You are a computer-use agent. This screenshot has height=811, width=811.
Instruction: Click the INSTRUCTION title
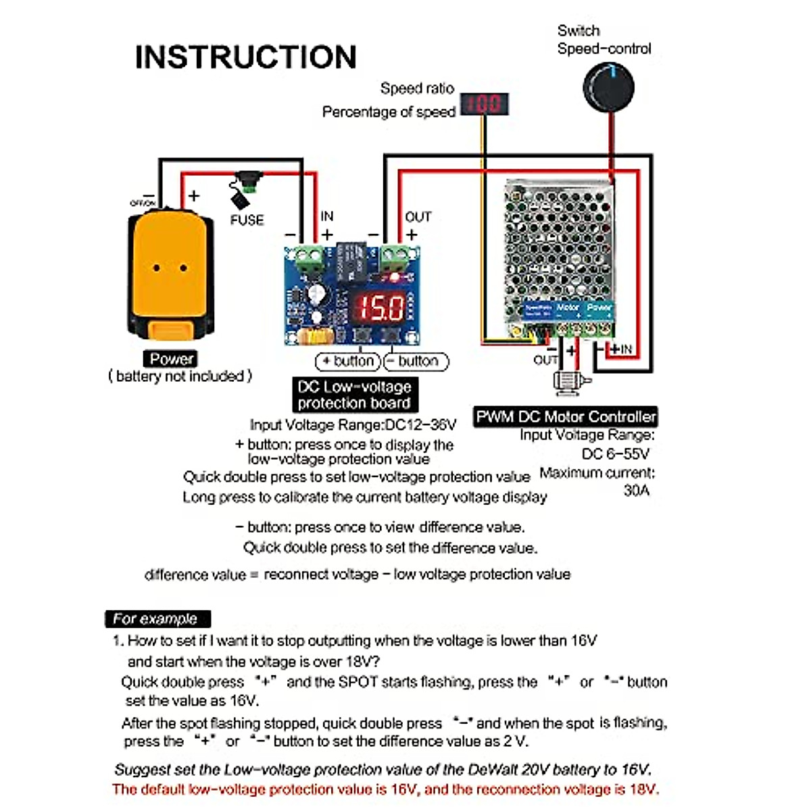click(245, 57)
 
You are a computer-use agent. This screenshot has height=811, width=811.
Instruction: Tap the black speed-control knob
click(608, 87)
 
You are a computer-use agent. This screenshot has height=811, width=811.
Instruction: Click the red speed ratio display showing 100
click(484, 104)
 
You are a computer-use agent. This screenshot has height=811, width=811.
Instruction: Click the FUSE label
click(247, 220)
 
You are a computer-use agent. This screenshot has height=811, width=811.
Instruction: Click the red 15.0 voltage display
click(380, 308)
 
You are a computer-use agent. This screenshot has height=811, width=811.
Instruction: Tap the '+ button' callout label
click(349, 362)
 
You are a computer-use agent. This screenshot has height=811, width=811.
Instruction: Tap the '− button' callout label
click(416, 362)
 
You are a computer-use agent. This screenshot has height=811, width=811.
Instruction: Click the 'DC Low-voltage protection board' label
click(354, 395)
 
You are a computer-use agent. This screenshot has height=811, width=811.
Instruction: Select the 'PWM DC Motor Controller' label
click(566, 416)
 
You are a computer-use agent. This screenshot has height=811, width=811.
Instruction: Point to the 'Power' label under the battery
click(172, 359)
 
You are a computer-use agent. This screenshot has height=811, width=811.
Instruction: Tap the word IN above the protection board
click(327, 216)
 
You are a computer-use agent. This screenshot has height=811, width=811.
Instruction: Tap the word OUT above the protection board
click(418, 217)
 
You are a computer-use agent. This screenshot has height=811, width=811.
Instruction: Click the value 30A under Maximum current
click(636, 491)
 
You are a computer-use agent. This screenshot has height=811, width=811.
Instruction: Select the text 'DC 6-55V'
click(615, 453)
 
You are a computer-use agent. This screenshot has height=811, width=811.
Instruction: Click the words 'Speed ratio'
click(417, 89)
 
